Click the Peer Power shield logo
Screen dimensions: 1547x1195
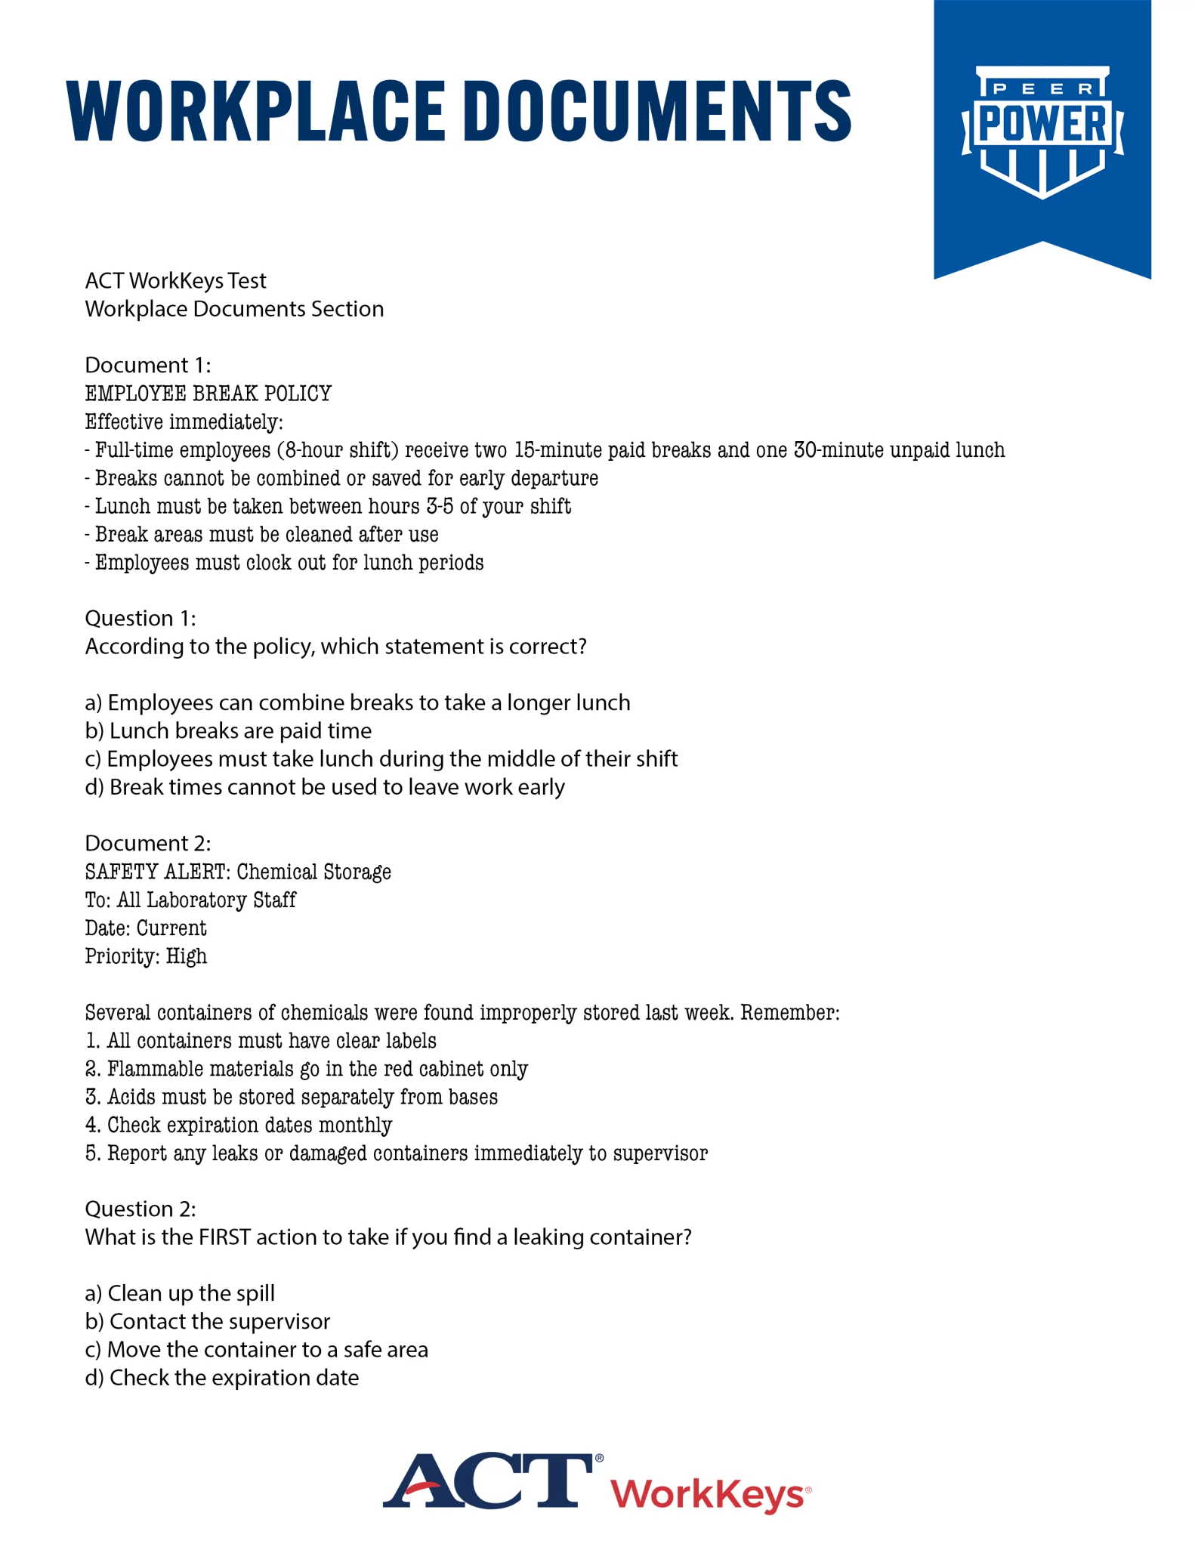tap(1042, 132)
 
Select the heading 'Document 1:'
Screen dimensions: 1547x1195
tap(148, 365)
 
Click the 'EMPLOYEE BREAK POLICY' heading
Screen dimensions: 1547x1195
tap(208, 394)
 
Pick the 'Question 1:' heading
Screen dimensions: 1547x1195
tap(140, 618)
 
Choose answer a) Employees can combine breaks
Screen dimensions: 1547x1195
tap(357, 702)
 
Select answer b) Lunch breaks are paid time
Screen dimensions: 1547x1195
tap(228, 730)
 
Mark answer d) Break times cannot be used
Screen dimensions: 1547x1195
tap(325, 787)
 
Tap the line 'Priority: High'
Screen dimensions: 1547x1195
tap(146, 956)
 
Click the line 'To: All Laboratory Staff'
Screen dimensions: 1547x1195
tap(190, 900)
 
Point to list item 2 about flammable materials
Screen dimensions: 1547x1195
tap(306, 1069)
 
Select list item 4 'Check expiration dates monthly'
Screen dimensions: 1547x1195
tap(239, 1125)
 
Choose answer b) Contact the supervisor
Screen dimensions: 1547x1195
tap(208, 1321)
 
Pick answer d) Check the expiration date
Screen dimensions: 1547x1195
tap(222, 1377)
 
